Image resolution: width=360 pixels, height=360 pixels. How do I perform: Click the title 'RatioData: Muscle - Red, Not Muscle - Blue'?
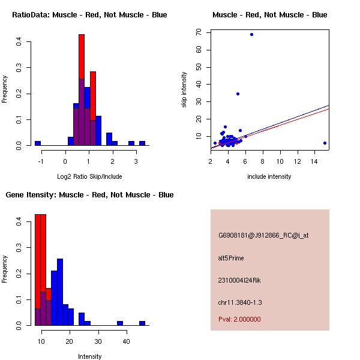[89, 14]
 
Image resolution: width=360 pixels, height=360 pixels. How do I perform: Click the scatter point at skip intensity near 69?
[251, 34]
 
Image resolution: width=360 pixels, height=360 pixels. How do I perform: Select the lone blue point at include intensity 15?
[325, 143]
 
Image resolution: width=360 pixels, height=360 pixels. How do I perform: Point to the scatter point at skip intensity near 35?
[238, 94]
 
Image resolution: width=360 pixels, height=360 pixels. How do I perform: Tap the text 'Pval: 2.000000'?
[239, 319]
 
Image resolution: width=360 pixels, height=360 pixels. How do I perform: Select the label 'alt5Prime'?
[231, 258]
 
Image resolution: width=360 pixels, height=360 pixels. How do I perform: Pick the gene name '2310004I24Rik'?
[239, 280]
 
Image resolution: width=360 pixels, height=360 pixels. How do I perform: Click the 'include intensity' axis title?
[269, 176]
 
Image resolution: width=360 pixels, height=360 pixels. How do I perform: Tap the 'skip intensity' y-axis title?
[185, 90]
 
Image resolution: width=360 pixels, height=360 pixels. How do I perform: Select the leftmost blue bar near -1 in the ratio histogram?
[38, 143]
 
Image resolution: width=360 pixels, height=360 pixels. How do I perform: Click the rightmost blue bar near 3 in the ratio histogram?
[142, 143]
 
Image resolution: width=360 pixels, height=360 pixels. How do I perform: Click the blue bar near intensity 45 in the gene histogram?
[142, 323]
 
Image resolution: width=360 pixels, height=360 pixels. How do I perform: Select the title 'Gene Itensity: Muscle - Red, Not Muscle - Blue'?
[89, 194]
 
